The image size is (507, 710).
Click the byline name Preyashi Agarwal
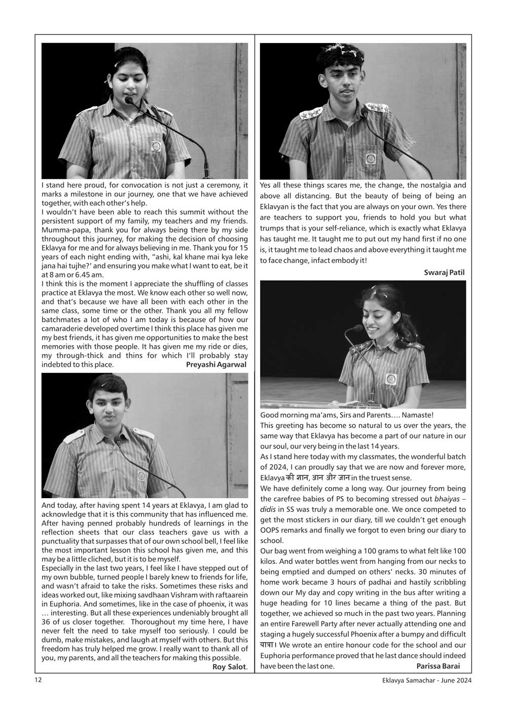click(216, 364)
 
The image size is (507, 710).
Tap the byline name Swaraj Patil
click(444, 273)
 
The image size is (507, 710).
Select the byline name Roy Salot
click(229, 667)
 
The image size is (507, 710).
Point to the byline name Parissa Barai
click(438, 666)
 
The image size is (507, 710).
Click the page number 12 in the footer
click(39, 680)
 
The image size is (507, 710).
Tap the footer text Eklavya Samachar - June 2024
click(427, 681)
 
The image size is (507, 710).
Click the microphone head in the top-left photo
click(129, 100)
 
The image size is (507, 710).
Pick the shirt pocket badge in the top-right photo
click(371, 159)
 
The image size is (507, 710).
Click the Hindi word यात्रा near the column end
click(267, 645)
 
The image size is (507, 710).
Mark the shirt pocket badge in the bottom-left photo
click(141, 476)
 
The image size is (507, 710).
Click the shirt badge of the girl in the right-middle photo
click(390, 379)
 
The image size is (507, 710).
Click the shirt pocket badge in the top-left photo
click(156, 146)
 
